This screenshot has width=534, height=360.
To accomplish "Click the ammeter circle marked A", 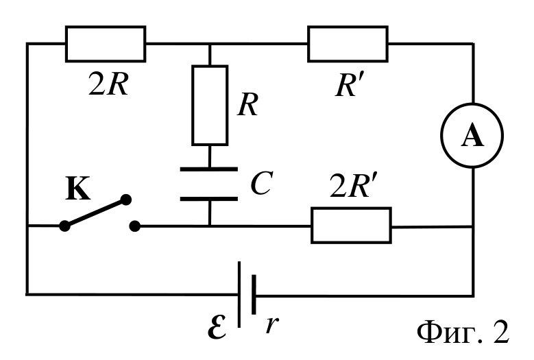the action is point(472,104).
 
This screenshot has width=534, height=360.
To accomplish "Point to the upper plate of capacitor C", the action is point(209,169).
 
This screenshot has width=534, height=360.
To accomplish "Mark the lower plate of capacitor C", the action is point(209,199).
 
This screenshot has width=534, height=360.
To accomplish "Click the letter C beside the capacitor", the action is point(262,183).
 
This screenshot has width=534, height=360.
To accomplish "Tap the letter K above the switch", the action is point(77,188).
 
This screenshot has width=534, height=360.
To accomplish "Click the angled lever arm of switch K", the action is point(95,213).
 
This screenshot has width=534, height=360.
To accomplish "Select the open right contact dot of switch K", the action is point(135,226).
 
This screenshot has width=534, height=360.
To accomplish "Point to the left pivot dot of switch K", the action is point(64,226).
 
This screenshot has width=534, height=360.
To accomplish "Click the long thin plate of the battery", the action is point(239,294).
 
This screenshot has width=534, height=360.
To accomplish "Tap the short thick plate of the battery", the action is point(254,294).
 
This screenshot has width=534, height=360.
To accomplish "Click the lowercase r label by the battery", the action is point(272,324).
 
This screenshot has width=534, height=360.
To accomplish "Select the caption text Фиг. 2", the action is point(463,332).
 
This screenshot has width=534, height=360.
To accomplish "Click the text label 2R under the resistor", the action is point(108,84).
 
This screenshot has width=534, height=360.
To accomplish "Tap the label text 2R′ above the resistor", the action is point(354,186).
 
